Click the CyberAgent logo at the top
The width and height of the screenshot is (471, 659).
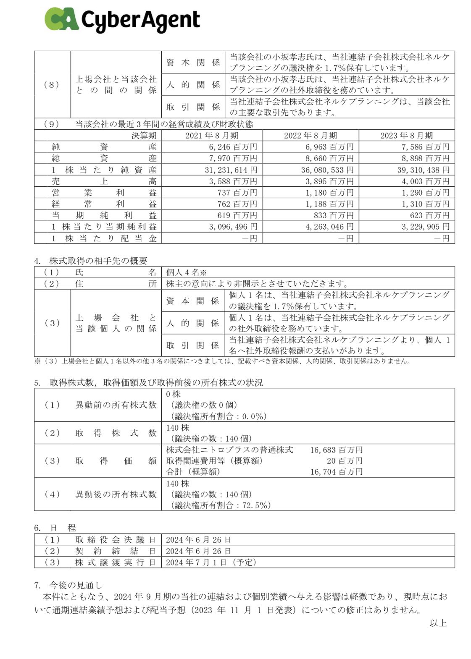[122, 19]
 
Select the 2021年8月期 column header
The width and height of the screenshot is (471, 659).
[212, 136]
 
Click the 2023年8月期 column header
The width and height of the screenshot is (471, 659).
[406, 136]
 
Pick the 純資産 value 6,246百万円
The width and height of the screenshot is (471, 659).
[232, 147]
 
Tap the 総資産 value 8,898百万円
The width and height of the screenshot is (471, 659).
[425, 158]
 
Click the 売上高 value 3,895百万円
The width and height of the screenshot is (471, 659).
[329, 181]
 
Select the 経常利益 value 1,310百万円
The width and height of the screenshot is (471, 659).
[425, 204]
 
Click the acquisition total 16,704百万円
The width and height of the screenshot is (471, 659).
[336, 472]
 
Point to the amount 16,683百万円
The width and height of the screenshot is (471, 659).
[336, 450]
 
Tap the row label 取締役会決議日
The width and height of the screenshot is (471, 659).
[116, 540]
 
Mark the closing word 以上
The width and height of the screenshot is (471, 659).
[438, 623]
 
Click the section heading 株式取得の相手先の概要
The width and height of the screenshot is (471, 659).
[98, 261]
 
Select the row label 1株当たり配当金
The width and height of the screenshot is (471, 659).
[104, 238]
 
